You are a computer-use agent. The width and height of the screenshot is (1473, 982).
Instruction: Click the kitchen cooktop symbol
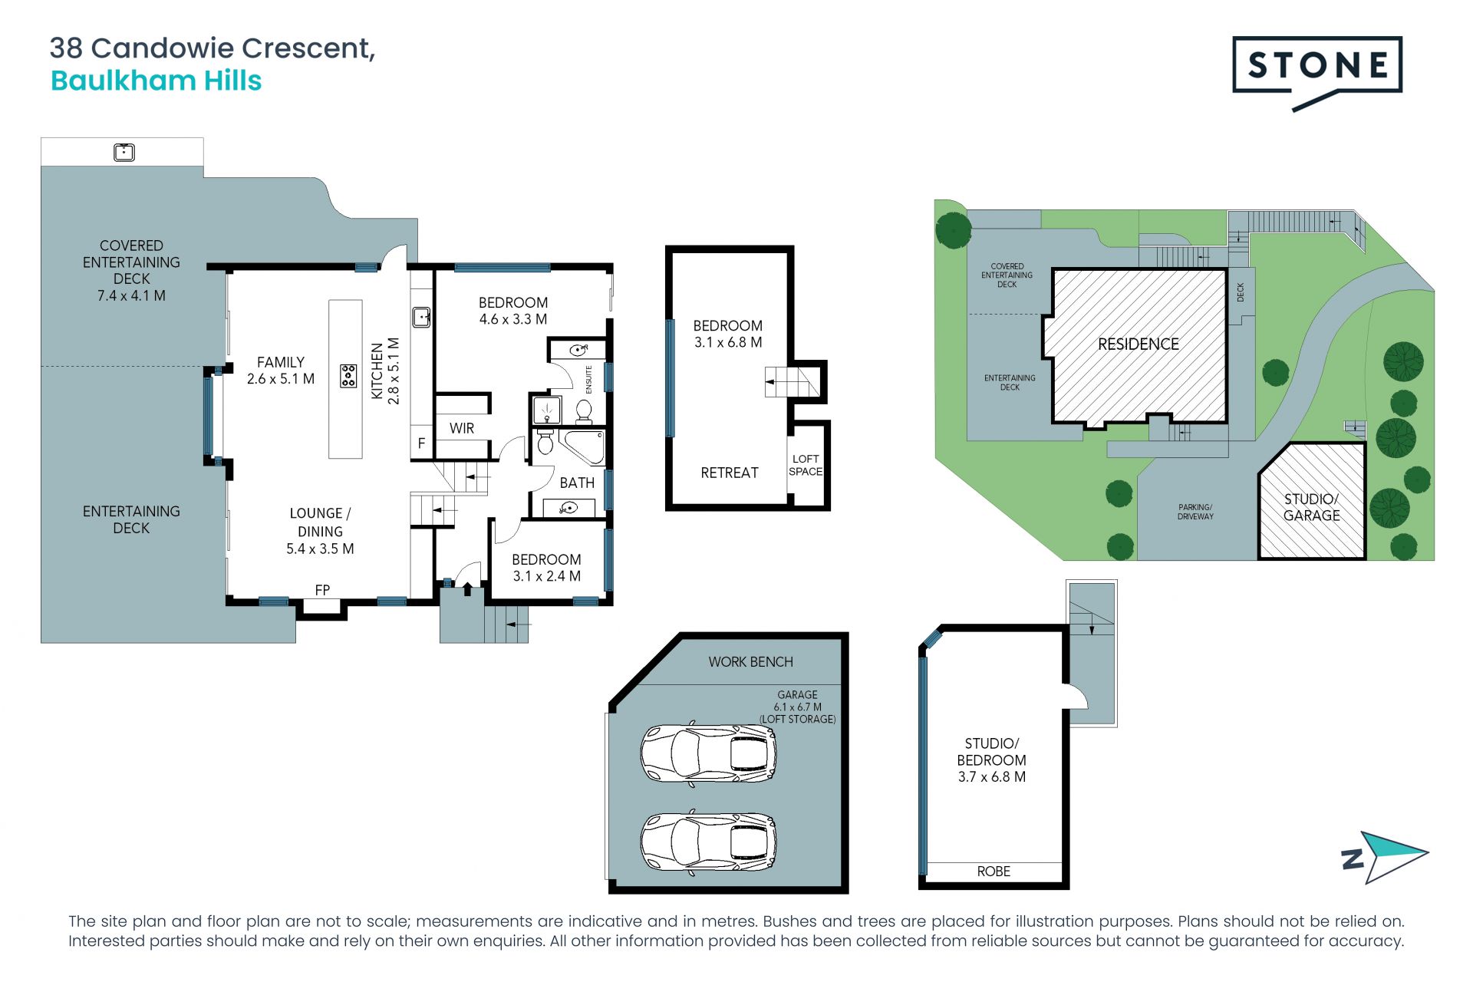point(348,376)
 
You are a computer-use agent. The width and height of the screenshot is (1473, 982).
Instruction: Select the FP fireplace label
point(322,590)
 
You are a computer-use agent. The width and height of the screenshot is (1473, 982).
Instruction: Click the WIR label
point(462,428)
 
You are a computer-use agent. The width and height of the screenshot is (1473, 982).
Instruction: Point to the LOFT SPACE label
point(806,465)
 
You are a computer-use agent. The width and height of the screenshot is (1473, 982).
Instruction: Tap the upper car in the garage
point(709,753)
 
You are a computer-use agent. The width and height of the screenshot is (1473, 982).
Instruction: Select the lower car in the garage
point(709,842)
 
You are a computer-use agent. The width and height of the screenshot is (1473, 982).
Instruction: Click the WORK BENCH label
point(750,662)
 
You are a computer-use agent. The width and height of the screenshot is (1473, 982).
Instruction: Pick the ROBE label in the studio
point(994,872)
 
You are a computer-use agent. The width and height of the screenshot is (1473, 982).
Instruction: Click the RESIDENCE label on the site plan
point(1139,344)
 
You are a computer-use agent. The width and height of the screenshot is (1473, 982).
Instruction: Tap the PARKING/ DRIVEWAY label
point(1195,512)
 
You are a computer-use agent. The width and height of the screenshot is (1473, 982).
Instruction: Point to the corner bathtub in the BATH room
point(581,447)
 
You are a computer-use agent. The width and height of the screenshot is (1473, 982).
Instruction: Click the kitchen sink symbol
point(421,316)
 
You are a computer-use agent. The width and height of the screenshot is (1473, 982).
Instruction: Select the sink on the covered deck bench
point(124,152)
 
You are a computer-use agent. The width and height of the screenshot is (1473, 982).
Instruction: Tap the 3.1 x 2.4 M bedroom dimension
point(546,576)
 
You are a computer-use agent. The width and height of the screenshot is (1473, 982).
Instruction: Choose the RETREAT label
point(730,473)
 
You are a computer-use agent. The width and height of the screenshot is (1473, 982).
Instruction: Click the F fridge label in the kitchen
point(421,443)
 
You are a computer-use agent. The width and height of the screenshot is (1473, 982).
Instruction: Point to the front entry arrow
point(467,589)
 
